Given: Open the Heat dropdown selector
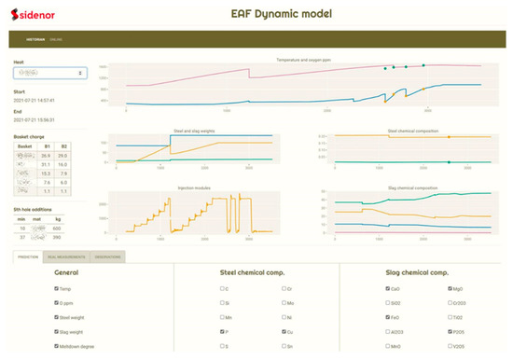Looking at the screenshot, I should pyautogui.click(x=49, y=73).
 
